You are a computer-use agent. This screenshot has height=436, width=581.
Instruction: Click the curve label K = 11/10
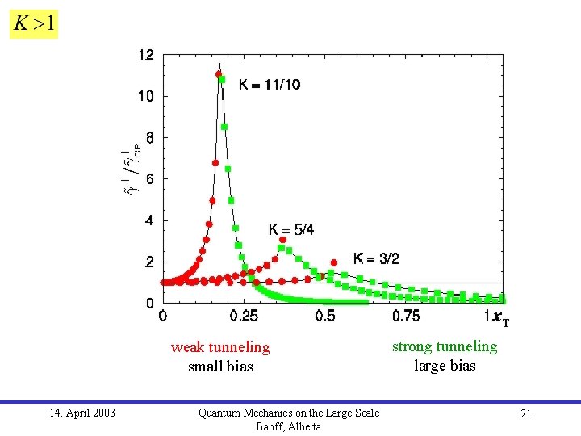pos(270,84)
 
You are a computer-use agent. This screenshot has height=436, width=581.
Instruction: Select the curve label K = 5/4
pos(291,230)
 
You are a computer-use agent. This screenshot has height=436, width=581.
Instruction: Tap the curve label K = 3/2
pos(376,258)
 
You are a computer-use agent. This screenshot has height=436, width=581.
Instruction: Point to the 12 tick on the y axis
pos(146,55)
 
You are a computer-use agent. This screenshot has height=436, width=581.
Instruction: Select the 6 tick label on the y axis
pos(149,179)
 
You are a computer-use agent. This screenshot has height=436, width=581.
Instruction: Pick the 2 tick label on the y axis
pos(149,262)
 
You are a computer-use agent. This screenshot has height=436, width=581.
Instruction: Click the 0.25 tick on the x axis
pos(245,316)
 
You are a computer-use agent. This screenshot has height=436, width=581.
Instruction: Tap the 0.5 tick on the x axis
pos(325,316)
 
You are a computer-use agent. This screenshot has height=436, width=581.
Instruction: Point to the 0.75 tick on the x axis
pos(406,316)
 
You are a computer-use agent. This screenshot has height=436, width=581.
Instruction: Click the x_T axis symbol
pos(500,318)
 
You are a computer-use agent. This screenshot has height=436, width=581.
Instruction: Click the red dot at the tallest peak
pos(219,74)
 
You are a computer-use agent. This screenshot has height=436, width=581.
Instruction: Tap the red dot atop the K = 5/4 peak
pos(282,240)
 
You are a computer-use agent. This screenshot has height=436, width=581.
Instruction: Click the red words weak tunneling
pos(220,347)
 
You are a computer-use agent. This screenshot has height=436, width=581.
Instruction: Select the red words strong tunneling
pos(445,346)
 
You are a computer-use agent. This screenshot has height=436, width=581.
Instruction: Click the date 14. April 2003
pos(82,413)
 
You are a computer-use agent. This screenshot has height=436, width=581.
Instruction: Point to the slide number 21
pos(525,413)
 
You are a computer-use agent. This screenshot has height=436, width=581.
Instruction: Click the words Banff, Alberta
pos(288,426)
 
